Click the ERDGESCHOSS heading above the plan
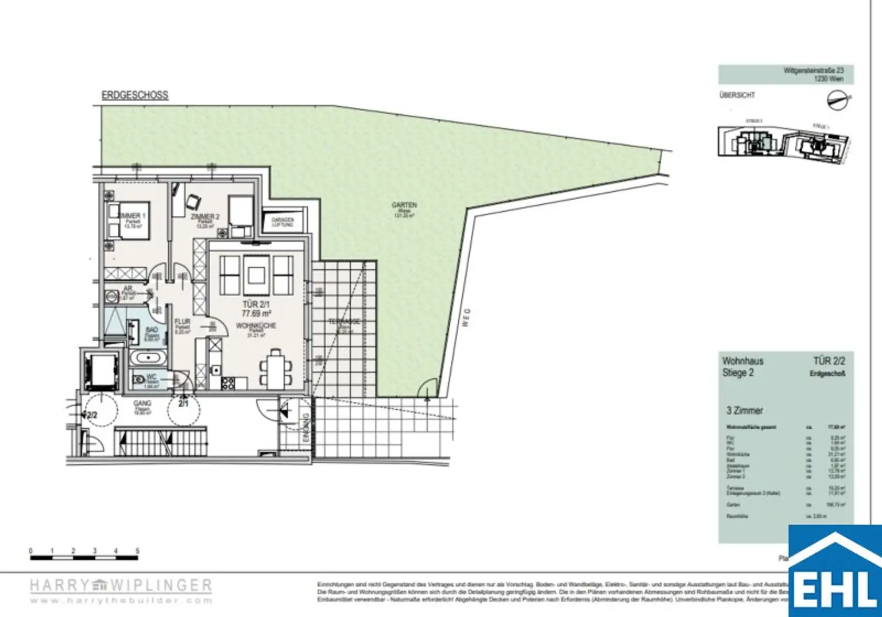(x=135, y=95)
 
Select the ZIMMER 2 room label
(x=205, y=217)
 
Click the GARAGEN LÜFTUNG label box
(x=283, y=222)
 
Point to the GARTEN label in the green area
(x=404, y=205)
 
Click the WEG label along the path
(x=466, y=317)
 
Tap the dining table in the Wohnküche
(x=276, y=366)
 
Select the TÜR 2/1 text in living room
(x=256, y=305)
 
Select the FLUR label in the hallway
(x=182, y=323)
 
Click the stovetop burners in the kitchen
(x=227, y=383)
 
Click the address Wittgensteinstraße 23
(x=814, y=71)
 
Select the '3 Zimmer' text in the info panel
(x=745, y=410)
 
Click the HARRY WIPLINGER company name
(x=121, y=585)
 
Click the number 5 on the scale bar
(x=137, y=551)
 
